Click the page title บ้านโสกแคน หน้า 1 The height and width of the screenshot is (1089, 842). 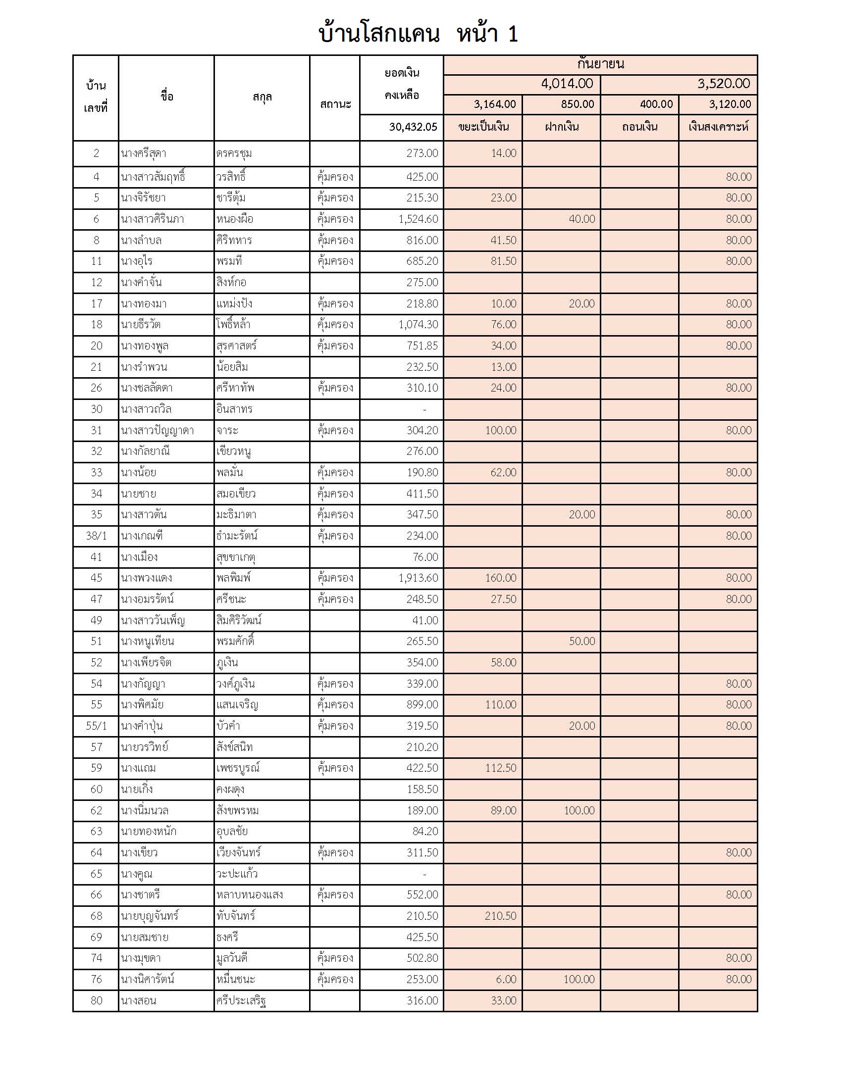point(418,34)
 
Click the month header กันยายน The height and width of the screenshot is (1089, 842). point(600,64)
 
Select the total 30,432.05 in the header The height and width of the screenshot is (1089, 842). point(413,127)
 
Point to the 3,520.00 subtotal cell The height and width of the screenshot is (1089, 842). point(723,84)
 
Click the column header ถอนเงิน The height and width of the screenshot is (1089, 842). point(639,127)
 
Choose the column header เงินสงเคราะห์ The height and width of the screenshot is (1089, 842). point(718,127)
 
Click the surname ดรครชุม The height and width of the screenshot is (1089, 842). point(234,153)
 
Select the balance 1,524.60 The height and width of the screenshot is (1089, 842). point(418,219)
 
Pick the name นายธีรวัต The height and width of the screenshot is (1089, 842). point(140,325)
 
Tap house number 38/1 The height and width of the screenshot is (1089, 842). point(96,536)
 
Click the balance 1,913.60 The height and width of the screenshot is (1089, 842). point(418,578)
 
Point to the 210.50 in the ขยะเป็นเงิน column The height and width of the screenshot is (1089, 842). point(500,916)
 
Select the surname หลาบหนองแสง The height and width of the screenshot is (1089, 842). point(250,894)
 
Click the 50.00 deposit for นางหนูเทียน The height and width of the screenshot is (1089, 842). point(581,641)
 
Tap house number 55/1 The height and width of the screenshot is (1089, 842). point(96,726)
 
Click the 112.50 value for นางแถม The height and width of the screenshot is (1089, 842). point(500,768)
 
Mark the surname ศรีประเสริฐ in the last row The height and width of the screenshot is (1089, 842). point(241,1001)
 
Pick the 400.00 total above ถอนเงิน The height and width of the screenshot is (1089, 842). point(656,104)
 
